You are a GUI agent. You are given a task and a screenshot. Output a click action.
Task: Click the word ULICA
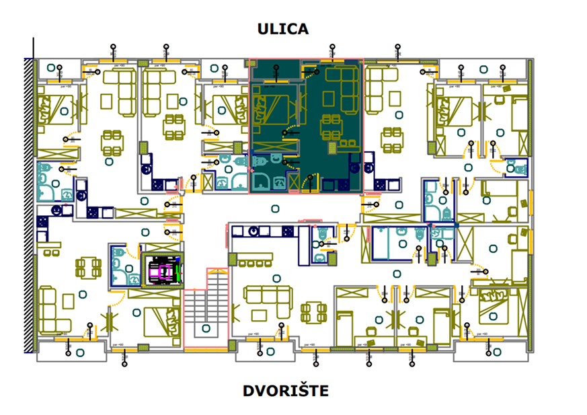[x=283, y=29]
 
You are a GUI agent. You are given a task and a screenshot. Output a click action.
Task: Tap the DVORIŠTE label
[x=286, y=391]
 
